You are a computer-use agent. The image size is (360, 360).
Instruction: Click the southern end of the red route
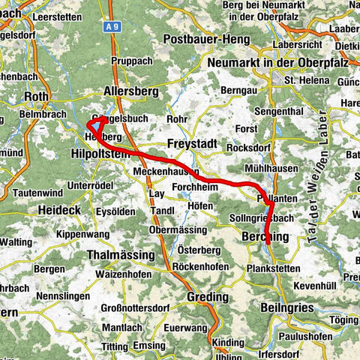click(268, 244)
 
